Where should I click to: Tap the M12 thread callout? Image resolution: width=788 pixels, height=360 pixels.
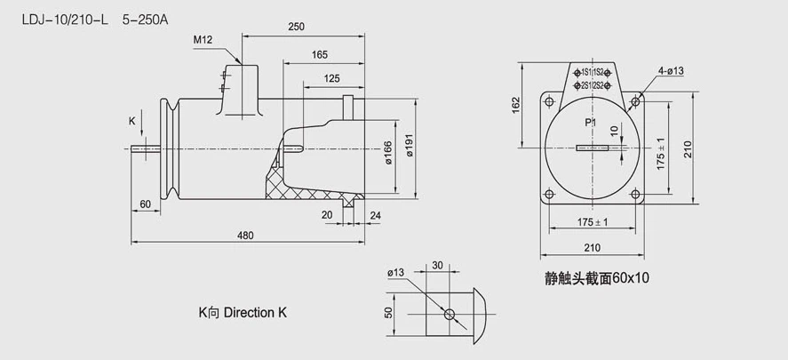(203, 41)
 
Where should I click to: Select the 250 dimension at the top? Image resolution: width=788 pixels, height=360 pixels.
(297, 27)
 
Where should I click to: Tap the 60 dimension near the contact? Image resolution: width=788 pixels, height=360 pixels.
(145, 205)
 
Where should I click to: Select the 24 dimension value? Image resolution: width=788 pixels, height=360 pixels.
(375, 214)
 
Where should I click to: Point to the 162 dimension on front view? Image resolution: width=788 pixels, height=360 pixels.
(517, 105)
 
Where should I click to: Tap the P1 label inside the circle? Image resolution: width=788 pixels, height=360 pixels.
(590, 122)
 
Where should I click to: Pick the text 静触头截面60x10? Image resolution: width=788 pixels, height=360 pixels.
(596, 278)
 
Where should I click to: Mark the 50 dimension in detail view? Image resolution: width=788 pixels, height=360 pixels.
(388, 314)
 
